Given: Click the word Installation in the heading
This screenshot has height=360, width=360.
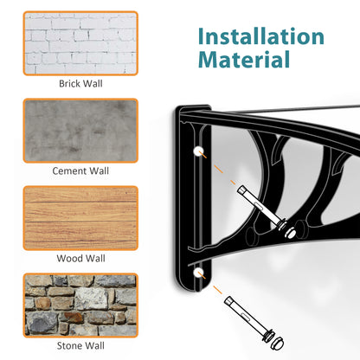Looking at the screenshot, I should pos(260,37).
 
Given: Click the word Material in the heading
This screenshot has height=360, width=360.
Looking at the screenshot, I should pos(243,61).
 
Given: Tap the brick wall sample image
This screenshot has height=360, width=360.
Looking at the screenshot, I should pos(80,42).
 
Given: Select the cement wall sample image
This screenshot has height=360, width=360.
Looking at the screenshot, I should pos(80,130).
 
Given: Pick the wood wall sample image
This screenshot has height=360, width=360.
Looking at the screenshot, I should pos(80,217).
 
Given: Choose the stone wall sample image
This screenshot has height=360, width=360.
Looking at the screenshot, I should pos(80,305).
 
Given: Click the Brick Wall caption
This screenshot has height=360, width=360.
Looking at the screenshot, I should pos(80,84).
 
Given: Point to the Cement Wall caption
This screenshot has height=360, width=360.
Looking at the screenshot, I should pos(80,171).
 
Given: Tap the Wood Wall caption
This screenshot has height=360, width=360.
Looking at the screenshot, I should pos(80,258).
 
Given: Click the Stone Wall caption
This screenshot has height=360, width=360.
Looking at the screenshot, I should pos(80,346).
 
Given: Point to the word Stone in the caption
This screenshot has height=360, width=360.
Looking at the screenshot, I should pos(69,346).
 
